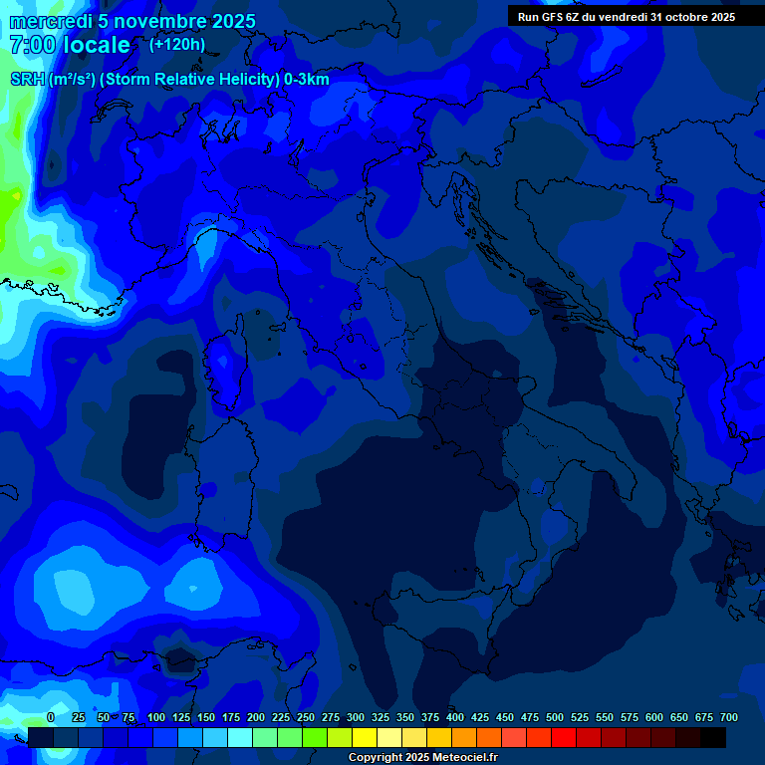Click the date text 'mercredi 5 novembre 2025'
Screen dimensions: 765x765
coord(132,21)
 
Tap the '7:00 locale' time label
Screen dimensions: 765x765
coord(70,45)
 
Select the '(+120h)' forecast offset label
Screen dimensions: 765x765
coord(177,44)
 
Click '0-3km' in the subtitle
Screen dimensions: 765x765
coord(307,80)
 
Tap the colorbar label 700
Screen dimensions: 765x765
coord(728,717)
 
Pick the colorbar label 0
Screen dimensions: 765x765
coord(51,717)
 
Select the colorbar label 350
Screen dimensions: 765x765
coord(404,717)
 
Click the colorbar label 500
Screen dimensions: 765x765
coord(554,717)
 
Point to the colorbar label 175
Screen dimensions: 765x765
coord(230,717)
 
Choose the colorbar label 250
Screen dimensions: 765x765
coord(305,717)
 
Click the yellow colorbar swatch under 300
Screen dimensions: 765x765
coord(365,738)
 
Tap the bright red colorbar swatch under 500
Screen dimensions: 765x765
coord(564,738)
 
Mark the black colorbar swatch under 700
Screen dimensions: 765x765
coord(713,738)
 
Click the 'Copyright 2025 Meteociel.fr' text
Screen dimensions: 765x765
coord(421,758)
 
